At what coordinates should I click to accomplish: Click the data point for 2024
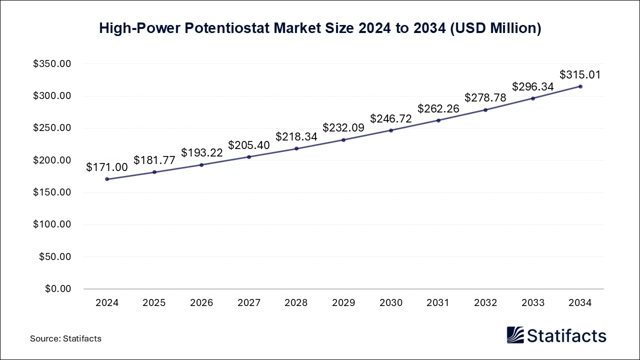(x=107, y=179)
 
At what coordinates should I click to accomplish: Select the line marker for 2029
(x=343, y=139)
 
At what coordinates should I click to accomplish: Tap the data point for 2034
(x=580, y=86)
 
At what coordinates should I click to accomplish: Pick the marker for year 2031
(x=438, y=120)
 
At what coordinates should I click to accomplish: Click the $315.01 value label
(x=580, y=75)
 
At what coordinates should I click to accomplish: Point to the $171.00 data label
(x=107, y=167)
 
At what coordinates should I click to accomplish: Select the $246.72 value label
(x=391, y=118)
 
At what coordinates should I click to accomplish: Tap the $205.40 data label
(x=249, y=145)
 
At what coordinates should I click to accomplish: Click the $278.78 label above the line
(x=485, y=98)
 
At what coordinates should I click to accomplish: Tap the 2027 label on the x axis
(x=249, y=303)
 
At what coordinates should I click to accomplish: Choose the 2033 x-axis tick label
(x=533, y=303)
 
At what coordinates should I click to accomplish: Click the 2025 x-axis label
(x=154, y=303)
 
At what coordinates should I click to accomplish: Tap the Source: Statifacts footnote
(x=65, y=338)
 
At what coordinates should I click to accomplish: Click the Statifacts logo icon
(x=515, y=335)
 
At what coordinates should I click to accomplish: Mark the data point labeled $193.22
(x=201, y=165)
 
